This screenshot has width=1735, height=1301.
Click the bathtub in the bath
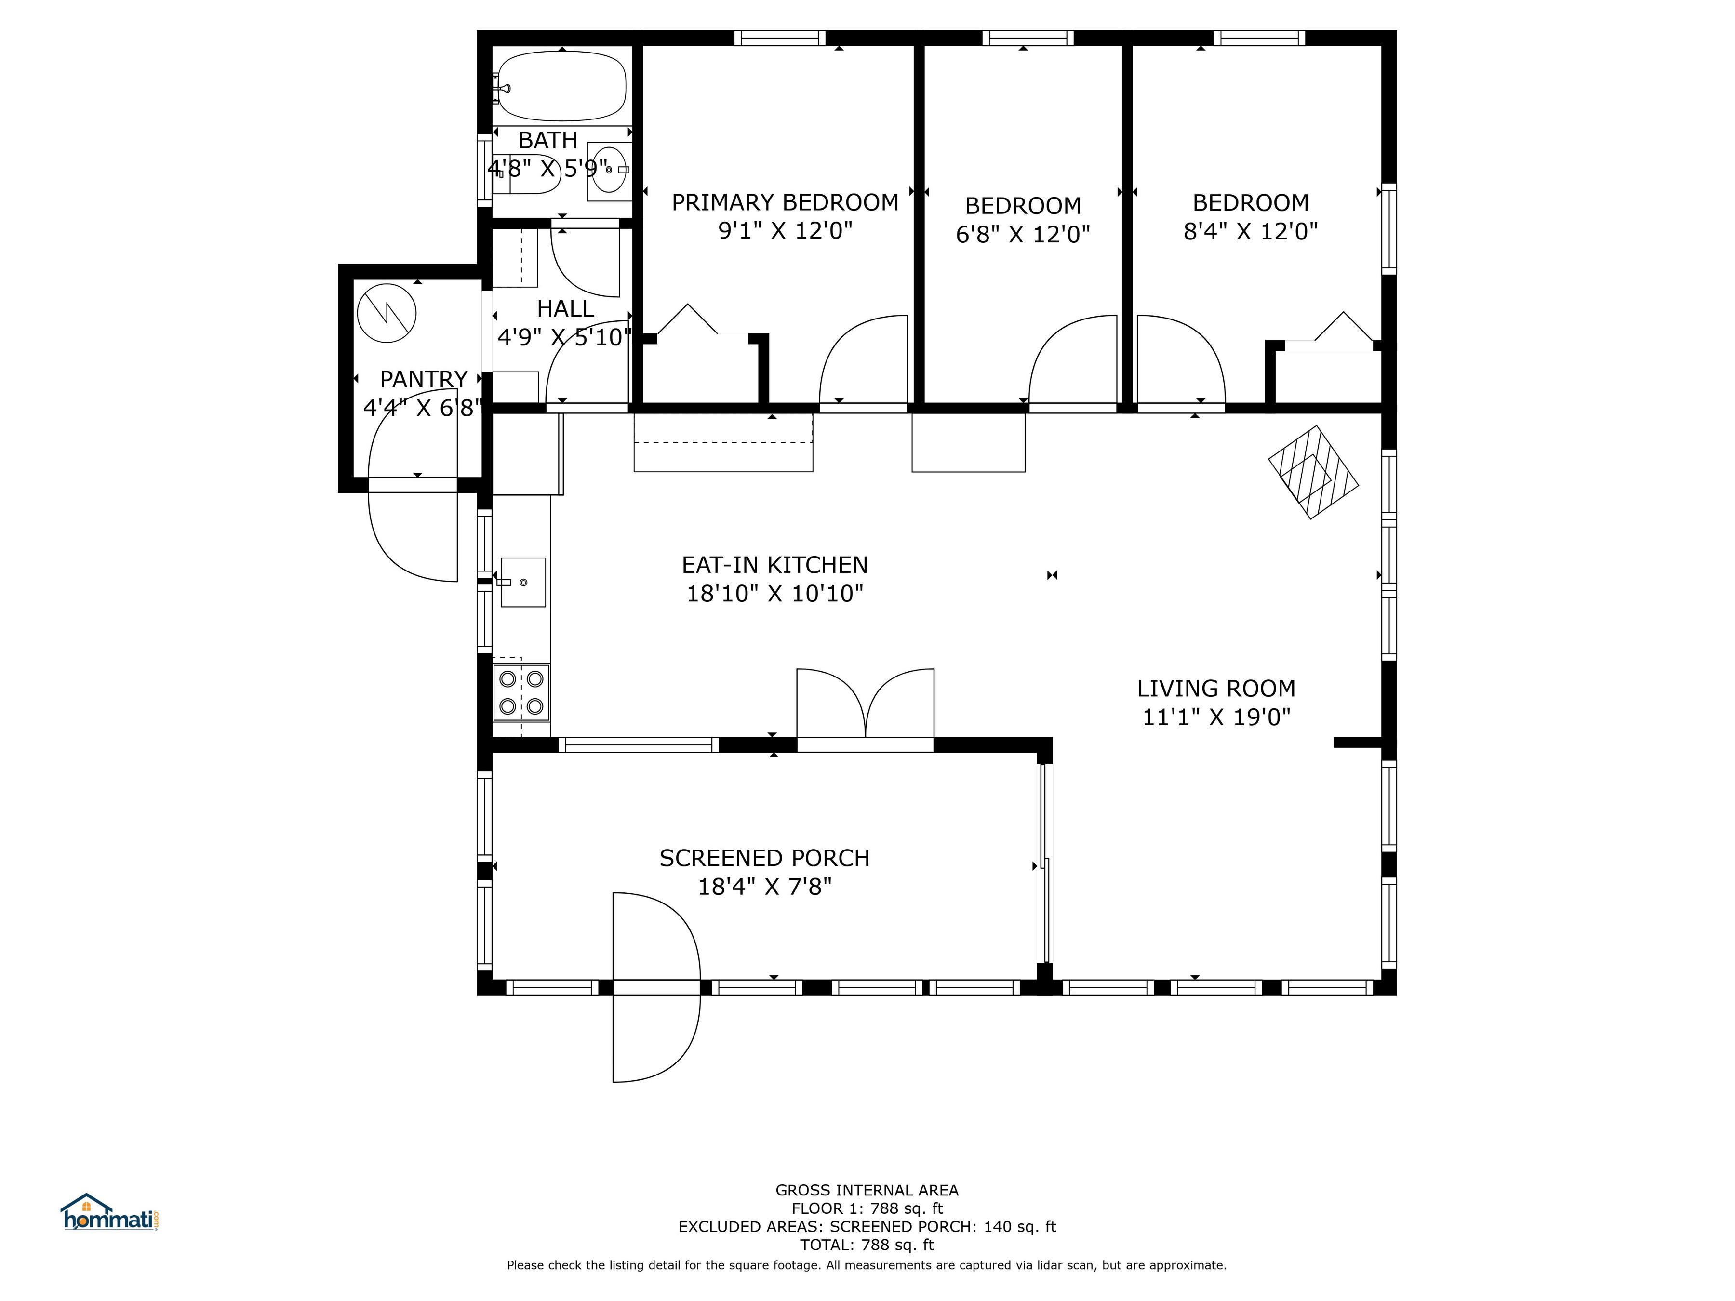click(x=561, y=86)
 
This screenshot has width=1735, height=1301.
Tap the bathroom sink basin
click(x=609, y=169)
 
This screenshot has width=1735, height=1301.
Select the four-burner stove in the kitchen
click(x=521, y=692)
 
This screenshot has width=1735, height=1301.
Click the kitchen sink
click(x=522, y=582)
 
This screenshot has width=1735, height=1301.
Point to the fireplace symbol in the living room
click(x=1314, y=472)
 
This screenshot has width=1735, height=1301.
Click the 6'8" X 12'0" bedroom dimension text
click(x=1023, y=235)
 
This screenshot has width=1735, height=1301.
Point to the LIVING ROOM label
click(x=1216, y=689)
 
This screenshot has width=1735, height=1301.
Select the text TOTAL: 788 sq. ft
click(x=867, y=1245)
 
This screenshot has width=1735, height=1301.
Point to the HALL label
click(x=565, y=308)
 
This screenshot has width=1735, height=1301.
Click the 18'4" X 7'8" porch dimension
click(x=765, y=887)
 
